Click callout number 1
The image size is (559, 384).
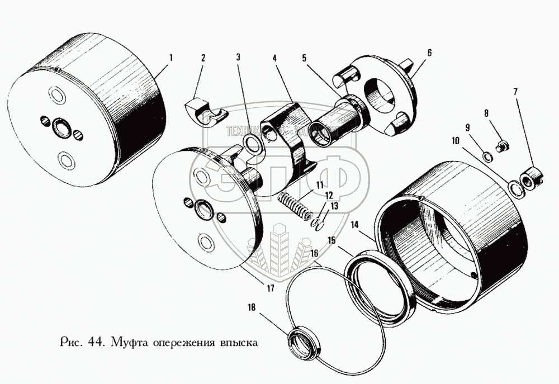point(171,57)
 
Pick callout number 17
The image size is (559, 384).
point(270,289)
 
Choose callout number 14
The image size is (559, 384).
point(354,225)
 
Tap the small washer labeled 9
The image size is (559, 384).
point(487,155)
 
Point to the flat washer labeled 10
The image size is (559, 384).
point(514,187)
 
